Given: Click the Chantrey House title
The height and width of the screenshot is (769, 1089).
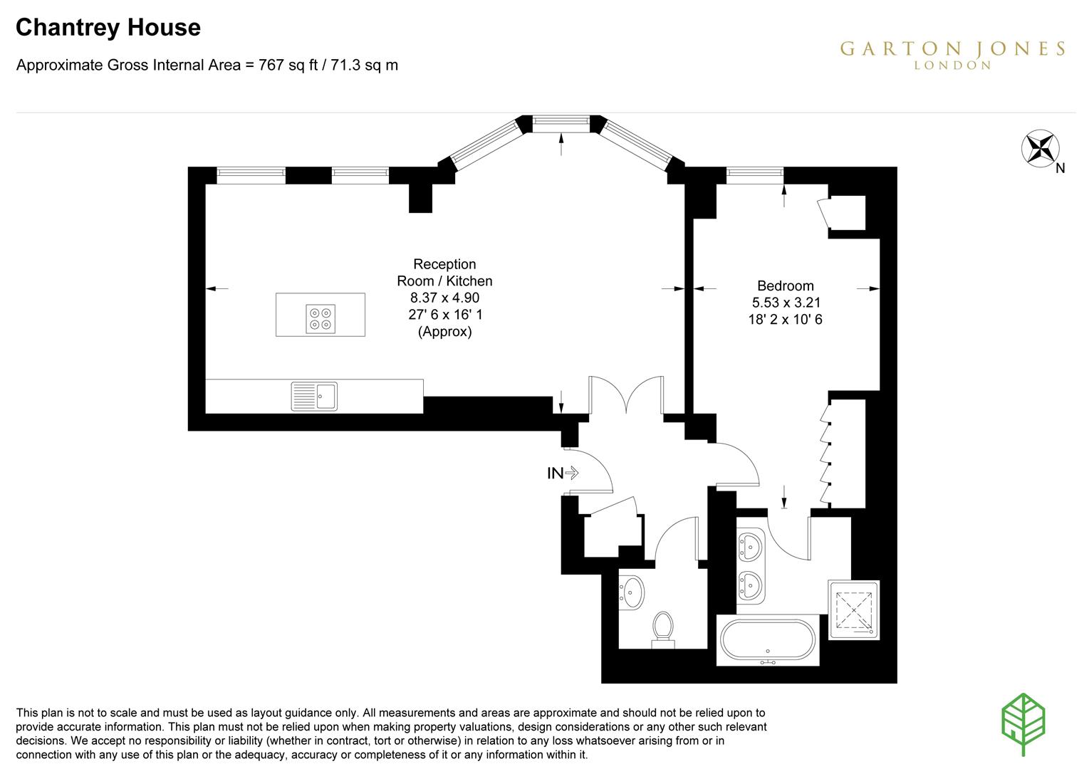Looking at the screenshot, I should [x=108, y=28].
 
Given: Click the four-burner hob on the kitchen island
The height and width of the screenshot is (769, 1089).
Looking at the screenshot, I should [x=321, y=318].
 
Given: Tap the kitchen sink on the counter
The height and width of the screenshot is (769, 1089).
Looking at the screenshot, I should [x=315, y=396].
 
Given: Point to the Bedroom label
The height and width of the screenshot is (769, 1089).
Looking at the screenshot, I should [x=785, y=286].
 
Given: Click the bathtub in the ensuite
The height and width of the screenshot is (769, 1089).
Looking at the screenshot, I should [x=767, y=640].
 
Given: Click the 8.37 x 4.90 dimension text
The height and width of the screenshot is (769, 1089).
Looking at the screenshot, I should [x=444, y=298].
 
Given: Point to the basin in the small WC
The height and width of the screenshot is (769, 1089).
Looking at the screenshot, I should [x=632, y=590].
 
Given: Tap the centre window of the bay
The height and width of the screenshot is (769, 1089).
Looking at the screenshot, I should [x=561, y=124].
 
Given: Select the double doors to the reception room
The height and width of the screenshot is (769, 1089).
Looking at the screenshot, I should [x=626, y=396].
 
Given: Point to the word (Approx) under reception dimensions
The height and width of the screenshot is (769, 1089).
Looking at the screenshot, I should [x=444, y=331].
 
